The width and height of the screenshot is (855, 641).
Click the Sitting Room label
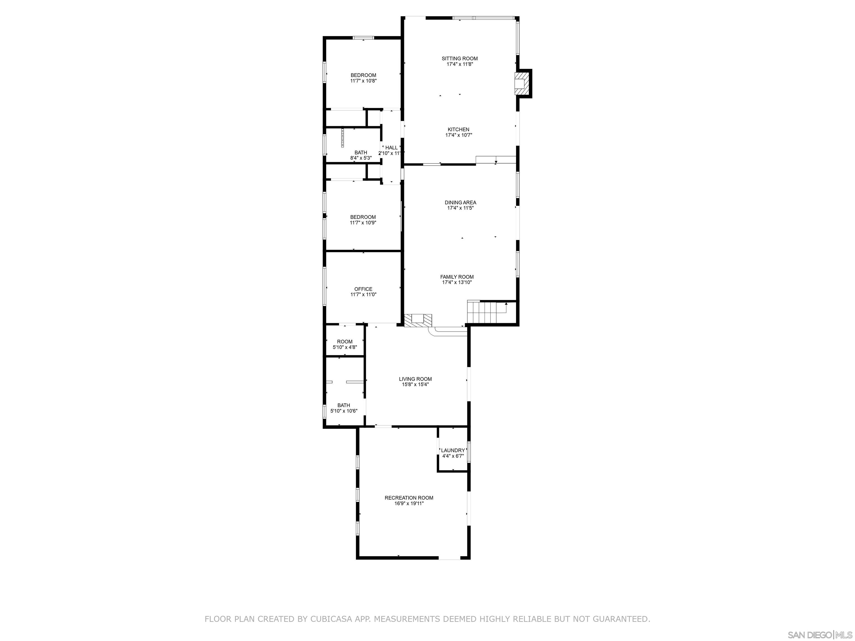460,59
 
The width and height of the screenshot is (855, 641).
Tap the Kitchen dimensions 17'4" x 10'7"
459,135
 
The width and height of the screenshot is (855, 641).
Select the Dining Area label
460,203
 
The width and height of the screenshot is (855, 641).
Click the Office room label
363,289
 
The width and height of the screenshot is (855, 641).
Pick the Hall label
391,148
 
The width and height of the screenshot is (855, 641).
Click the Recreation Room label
409,498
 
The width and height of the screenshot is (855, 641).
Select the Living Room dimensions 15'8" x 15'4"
415,384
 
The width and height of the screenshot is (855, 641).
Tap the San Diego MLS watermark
819,635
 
